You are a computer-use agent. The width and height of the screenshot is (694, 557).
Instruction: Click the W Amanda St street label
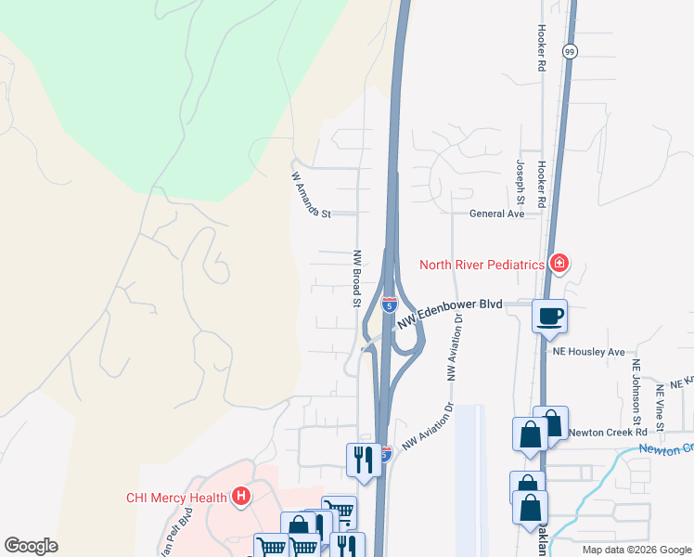[x=311, y=195]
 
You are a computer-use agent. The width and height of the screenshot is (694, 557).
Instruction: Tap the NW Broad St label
[x=355, y=278]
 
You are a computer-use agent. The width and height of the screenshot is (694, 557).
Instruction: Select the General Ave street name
[x=496, y=214]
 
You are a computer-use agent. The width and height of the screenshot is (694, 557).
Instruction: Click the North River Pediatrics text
[x=481, y=265]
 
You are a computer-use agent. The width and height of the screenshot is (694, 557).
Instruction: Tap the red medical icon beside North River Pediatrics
[x=559, y=265]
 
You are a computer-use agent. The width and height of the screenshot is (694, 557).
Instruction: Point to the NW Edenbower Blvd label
[x=450, y=312]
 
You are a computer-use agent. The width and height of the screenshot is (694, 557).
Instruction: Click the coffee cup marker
[x=548, y=316]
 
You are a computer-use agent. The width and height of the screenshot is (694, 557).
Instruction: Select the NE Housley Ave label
[x=589, y=352]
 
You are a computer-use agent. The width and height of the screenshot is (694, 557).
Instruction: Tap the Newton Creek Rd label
[x=608, y=432]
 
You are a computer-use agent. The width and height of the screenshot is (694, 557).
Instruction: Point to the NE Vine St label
[x=661, y=408]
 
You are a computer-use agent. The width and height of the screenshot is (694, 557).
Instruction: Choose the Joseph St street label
[x=520, y=182]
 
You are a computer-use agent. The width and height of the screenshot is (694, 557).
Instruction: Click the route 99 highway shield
[x=570, y=52]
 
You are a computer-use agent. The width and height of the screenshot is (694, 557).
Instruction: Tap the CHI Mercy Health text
[x=176, y=498]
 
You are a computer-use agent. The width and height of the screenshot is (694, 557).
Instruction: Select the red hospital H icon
[x=241, y=497]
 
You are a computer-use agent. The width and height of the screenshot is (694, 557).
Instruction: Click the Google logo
[x=31, y=546]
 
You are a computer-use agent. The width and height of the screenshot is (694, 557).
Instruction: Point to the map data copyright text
[x=636, y=550]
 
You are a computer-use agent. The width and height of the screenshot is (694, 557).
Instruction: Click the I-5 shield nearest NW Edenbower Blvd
[x=388, y=303]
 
